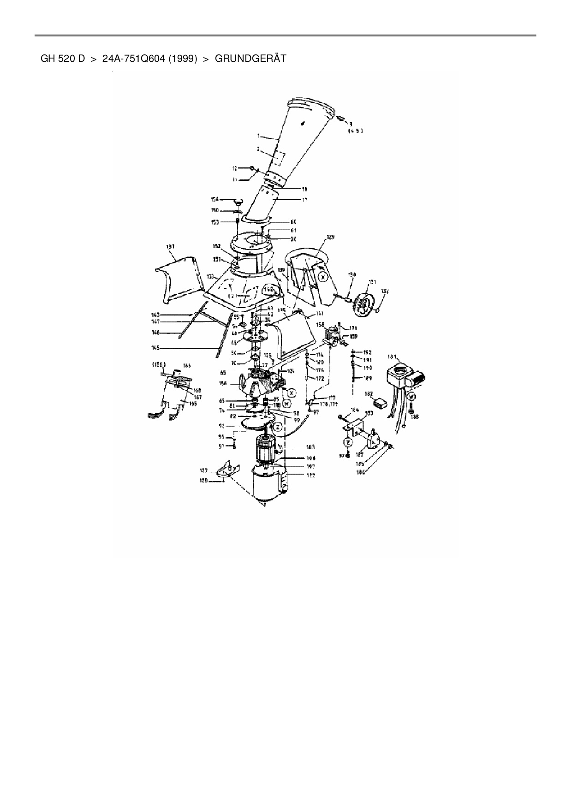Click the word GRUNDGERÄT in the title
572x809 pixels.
250,59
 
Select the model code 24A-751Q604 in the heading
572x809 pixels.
133,59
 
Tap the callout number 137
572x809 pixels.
171,247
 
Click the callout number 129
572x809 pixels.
330,237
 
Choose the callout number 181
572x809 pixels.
393,357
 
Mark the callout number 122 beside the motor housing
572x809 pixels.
310,475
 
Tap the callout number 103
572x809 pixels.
310,448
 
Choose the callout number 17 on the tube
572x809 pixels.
305,200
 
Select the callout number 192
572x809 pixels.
368,352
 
